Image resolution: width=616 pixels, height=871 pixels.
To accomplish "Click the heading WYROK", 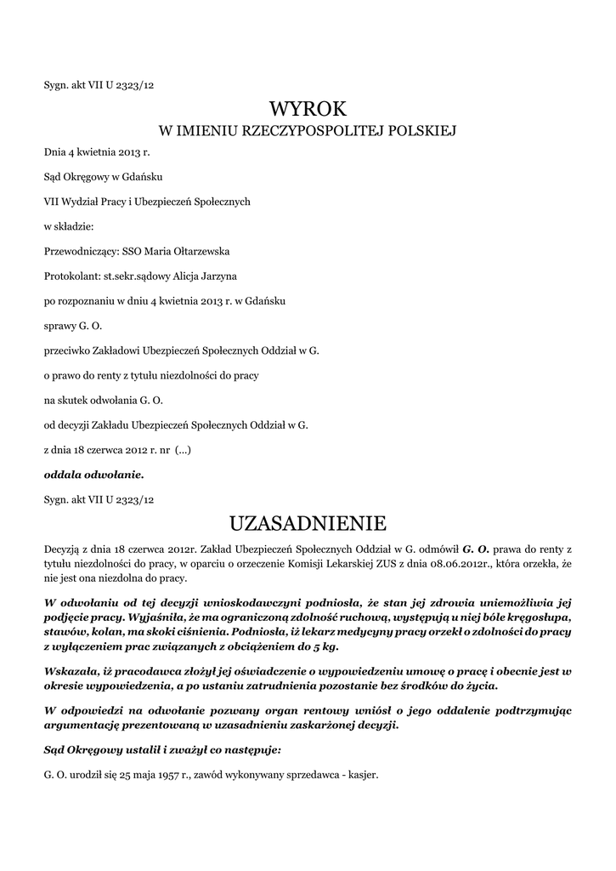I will point(308,109).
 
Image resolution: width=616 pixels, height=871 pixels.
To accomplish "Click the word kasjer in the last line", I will point(361,776).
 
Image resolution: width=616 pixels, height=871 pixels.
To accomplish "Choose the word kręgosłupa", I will point(540,614).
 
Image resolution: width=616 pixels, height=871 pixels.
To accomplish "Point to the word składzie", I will point(75,226).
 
